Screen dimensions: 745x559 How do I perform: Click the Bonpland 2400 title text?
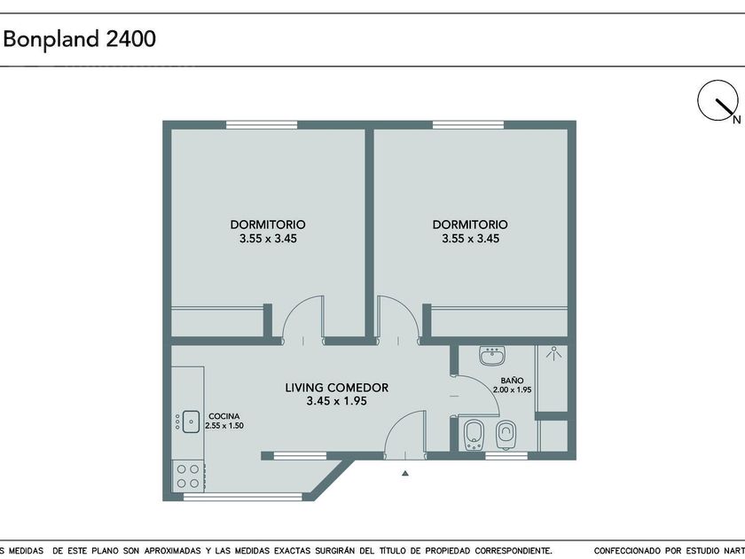point(79,38)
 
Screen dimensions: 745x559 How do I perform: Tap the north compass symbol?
point(718,101)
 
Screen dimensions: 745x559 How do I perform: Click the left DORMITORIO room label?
point(268,224)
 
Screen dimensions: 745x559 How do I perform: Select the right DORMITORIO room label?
point(470,224)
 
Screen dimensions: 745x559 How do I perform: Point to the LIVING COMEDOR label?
point(337,388)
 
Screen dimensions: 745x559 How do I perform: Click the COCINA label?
point(224,416)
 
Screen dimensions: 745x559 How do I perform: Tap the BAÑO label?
point(513,381)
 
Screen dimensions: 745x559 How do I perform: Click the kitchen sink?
point(191,421)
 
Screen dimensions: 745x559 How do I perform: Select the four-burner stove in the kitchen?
point(188,476)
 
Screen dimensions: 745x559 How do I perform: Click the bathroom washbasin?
point(491,356)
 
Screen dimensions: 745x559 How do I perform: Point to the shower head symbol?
point(553,353)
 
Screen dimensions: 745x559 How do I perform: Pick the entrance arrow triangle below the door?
point(404,473)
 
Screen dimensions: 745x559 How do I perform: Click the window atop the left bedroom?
point(262,124)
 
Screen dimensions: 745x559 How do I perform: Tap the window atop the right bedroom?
point(468,124)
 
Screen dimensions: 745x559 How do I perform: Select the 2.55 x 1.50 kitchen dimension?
point(224,426)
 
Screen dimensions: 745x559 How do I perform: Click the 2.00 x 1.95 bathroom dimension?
point(513,390)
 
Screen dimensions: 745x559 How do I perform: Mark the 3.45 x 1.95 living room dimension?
point(337,401)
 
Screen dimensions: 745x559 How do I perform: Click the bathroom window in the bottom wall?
point(506,456)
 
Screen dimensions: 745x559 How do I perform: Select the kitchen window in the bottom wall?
point(243,497)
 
